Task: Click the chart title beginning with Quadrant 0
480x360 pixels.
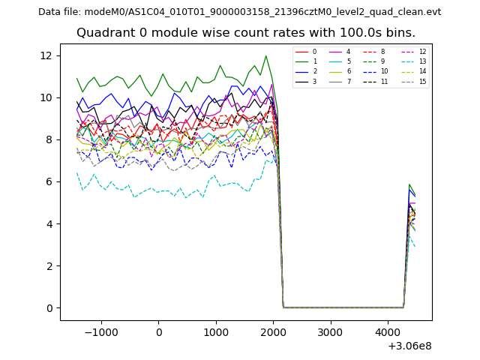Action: click(x=245, y=33)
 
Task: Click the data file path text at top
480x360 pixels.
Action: click(x=239, y=12)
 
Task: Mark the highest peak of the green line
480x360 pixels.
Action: click(x=265, y=55)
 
